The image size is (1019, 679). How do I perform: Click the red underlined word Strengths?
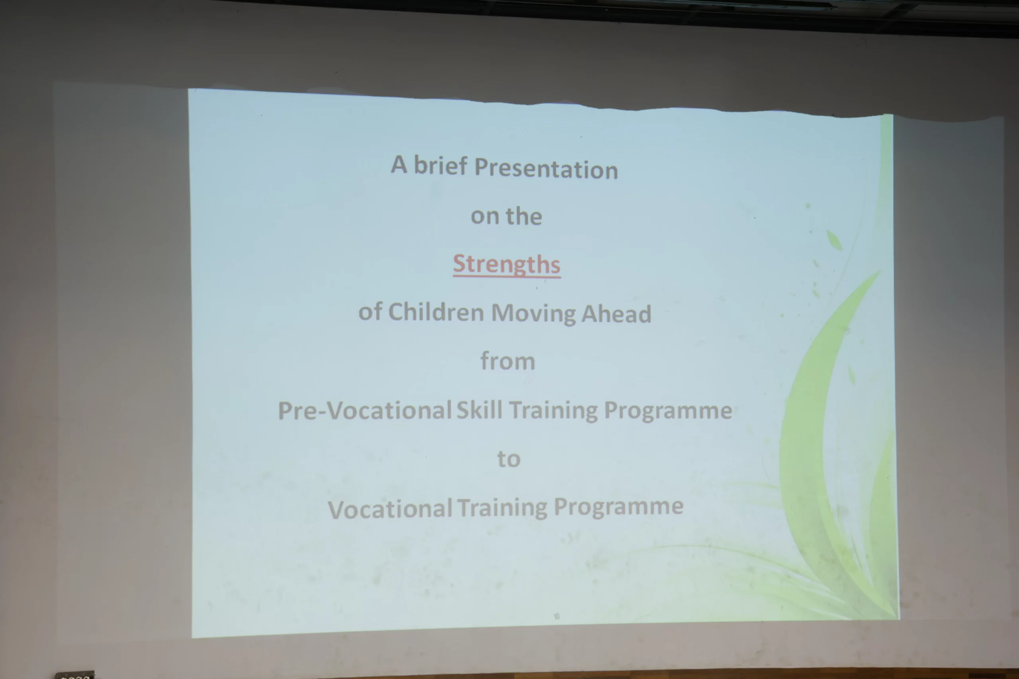[506, 264]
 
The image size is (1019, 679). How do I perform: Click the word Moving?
[533, 313]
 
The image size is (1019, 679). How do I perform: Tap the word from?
[508, 361]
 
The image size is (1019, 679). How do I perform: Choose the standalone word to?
[509, 459]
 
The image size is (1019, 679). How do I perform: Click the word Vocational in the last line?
[390, 509]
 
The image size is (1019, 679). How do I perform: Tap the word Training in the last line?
[503, 508]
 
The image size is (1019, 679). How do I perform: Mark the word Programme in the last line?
[619, 506]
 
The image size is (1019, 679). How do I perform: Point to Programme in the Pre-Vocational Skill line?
[668, 410]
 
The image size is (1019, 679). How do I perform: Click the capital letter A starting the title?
[399, 164]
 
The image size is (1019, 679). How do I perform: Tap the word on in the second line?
[485, 216]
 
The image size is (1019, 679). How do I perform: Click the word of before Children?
[371, 311]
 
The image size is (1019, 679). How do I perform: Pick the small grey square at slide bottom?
[557, 616]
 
